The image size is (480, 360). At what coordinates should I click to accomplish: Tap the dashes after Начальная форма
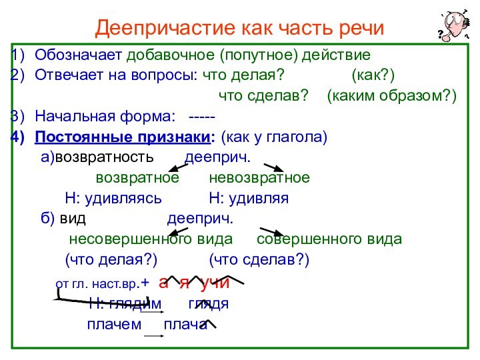(x=202, y=117)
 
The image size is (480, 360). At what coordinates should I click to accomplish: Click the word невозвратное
(x=259, y=179)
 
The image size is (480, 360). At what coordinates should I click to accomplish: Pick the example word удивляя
(x=249, y=199)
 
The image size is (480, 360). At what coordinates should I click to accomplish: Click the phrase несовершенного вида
(x=151, y=239)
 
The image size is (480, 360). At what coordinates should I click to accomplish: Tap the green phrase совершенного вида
(x=329, y=239)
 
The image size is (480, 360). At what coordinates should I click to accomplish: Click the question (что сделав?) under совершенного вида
(x=259, y=259)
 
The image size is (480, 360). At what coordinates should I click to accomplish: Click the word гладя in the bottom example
(x=208, y=303)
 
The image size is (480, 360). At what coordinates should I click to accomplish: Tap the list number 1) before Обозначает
(x=19, y=54)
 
